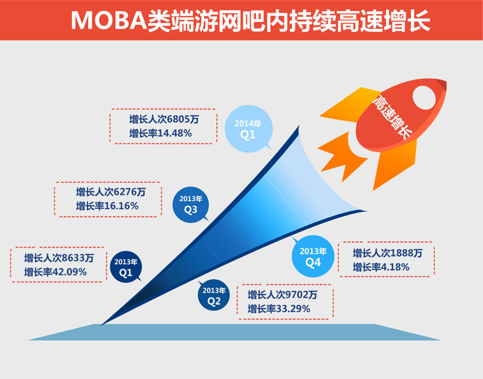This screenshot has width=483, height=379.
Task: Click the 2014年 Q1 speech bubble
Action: coord(249,129)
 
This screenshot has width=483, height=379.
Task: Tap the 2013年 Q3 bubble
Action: coord(191,205)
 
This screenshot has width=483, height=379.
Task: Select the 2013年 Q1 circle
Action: coord(126,267)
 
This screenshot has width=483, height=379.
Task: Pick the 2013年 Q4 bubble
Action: coord(313,256)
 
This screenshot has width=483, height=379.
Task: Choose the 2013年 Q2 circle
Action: coord(214,295)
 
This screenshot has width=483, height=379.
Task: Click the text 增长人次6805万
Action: coord(164,119)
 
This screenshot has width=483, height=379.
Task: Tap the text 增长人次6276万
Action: coord(111,192)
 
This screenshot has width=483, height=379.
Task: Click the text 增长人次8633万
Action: coord(59,258)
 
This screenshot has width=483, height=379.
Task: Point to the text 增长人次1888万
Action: coord(388,253)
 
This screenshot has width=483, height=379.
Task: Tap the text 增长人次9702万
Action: coord(283,295)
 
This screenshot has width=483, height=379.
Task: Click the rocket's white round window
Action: coord(424,98)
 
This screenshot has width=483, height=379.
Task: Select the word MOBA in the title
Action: coord(109,21)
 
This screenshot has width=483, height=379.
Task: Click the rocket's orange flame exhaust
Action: coord(342,156)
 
